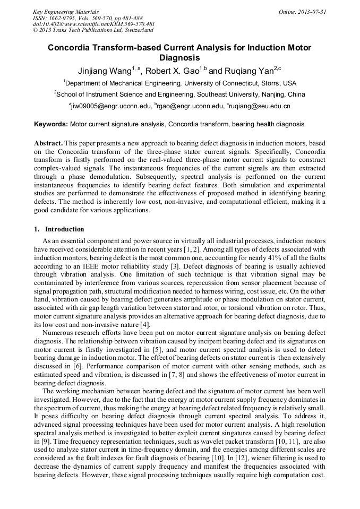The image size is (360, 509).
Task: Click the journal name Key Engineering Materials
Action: pos(66,12)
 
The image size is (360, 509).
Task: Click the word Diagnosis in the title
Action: pos(179,58)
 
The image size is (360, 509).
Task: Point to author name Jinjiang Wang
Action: pos(102,71)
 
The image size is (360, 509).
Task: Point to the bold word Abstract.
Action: pos(48,143)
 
